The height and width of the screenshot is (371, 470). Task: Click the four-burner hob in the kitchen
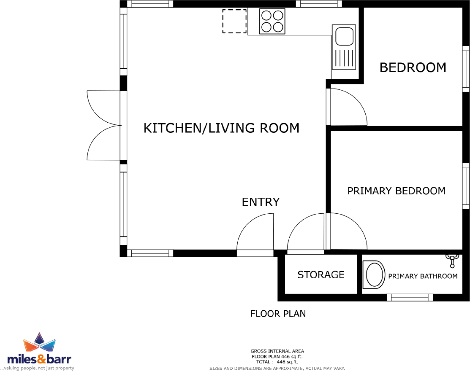(272, 22)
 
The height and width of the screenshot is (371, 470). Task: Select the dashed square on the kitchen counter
(234, 22)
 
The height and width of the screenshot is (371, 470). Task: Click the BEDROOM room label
(413, 67)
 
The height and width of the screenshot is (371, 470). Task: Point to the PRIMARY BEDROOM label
(396, 191)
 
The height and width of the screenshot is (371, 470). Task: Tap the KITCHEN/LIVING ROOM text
(221, 128)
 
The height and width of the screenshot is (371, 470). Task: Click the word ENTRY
(261, 202)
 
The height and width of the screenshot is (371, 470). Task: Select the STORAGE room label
(321, 275)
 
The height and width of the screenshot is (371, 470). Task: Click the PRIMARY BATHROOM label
(423, 276)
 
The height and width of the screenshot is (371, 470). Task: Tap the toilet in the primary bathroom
(374, 275)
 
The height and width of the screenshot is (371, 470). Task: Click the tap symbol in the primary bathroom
(452, 260)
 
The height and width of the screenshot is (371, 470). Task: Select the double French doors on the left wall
(103, 126)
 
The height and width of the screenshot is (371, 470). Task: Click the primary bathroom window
(410, 298)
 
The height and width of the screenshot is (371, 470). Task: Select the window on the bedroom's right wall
(466, 68)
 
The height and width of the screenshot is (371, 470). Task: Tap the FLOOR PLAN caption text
(278, 314)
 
